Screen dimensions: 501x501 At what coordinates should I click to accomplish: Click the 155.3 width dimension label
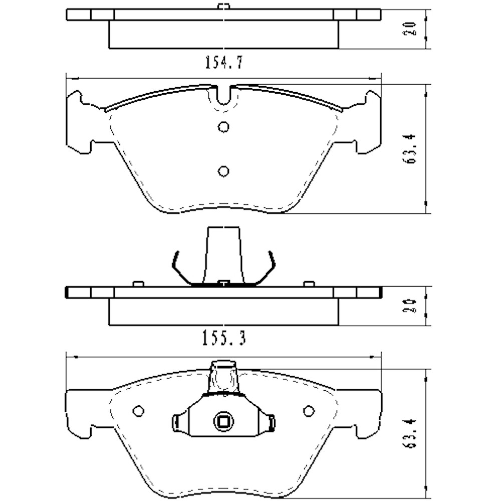coord(223,339)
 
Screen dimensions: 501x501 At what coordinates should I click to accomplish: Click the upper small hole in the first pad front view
coord(224,127)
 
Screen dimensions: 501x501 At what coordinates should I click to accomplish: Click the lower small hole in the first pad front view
coord(224,171)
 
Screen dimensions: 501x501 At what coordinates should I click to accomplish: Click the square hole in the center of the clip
coord(221,422)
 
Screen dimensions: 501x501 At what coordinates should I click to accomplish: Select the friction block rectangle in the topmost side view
coord(223,34)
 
